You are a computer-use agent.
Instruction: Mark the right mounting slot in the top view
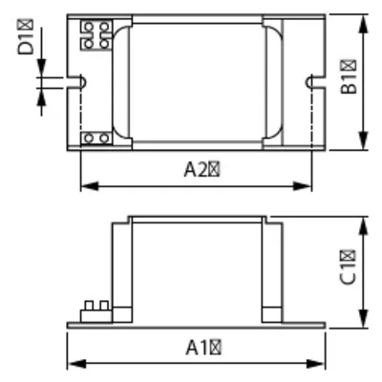[x=310, y=83]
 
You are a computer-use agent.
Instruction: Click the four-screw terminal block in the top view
[x=95, y=34]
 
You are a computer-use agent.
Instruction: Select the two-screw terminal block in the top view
[x=95, y=138]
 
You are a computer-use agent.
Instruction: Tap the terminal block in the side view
[x=95, y=308]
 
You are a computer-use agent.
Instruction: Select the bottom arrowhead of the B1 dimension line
[x=366, y=145]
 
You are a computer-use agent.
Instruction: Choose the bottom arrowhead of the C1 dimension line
[x=366, y=322]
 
